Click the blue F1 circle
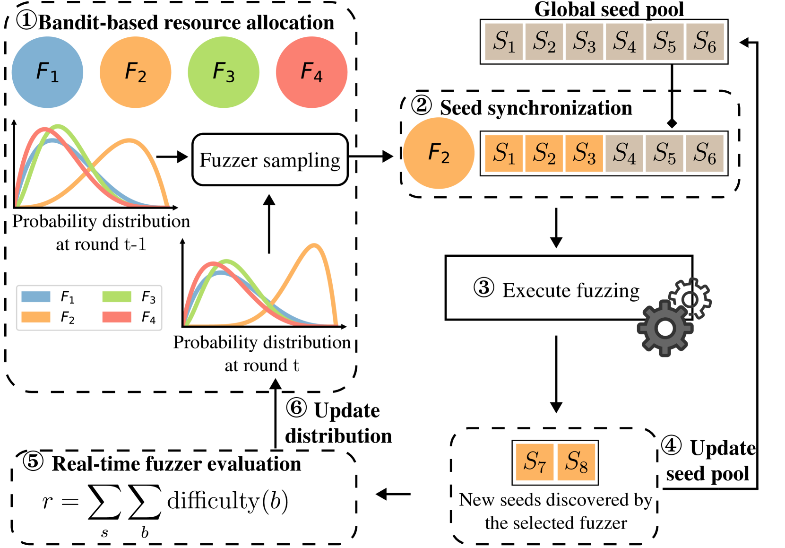coord(47,72)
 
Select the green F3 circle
coord(224,72)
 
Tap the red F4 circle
coord(311,72)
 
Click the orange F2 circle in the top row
coord(136,72)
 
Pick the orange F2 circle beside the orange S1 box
coord(439,153)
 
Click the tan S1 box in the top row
coord(504,42)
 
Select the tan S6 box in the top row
coord(705,42)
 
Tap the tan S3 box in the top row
coord(584,42)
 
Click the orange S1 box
coord(504,153)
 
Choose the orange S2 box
coord(544,153)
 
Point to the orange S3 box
coord(584,153)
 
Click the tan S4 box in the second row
coord(624,153)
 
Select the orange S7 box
coord(535,462)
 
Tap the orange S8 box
coord(576,462)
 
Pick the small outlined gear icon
coord(690,299)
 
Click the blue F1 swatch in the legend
coord(36,297)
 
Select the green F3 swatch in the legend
coord(117,297)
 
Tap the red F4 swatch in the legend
coord(117,317)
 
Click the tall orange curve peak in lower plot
coord(314,245)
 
